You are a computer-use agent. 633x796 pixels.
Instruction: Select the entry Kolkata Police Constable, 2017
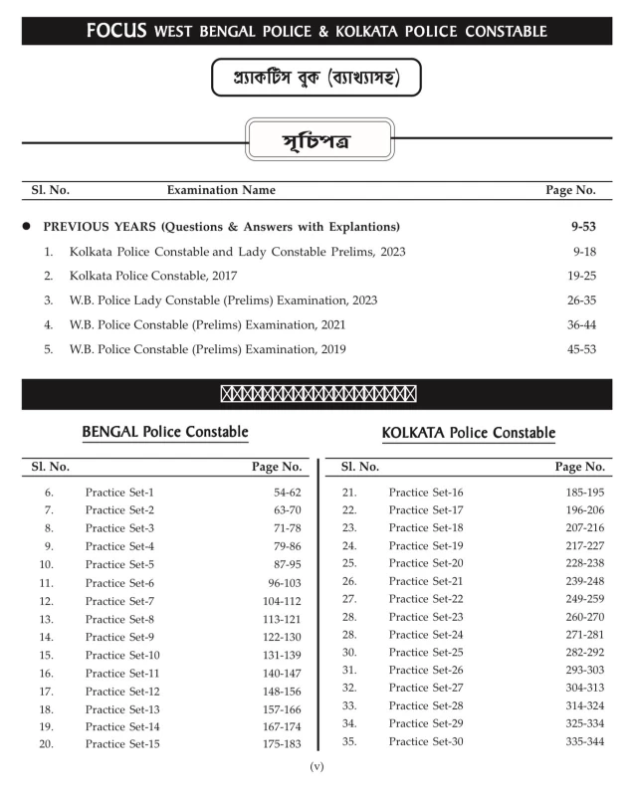pos(153,276)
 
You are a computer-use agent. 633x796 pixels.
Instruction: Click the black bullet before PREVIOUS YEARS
pos(27,227)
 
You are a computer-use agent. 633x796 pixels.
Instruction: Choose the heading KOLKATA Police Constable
pos(469,433)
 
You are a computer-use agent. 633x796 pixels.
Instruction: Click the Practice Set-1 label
pos(119,493)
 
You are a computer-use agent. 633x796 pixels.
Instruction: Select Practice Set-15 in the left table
pos(122,743)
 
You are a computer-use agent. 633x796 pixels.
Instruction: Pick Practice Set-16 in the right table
pos(426,493)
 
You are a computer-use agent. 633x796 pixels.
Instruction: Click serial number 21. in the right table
pos(349,493)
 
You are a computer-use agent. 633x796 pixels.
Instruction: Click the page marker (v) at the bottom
pos(316,766)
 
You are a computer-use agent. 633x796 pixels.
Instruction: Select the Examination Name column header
pos(221,189)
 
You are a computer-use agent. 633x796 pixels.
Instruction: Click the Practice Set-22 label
pos(426,599)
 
